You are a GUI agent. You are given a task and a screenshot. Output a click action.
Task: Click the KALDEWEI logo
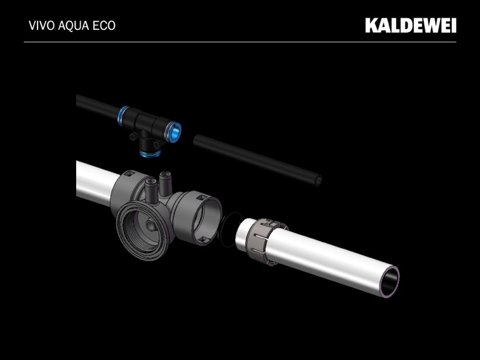pyautogui.click(x=410, y=25)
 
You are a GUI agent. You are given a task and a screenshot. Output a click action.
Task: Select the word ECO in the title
pyautogui.click(x=104, y=26)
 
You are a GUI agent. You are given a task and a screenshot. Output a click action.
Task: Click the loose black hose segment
pyautogui.click(x=257, y=160)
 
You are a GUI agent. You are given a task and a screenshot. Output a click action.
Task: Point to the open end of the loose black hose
pyautogui.click(x=318, y=180)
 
